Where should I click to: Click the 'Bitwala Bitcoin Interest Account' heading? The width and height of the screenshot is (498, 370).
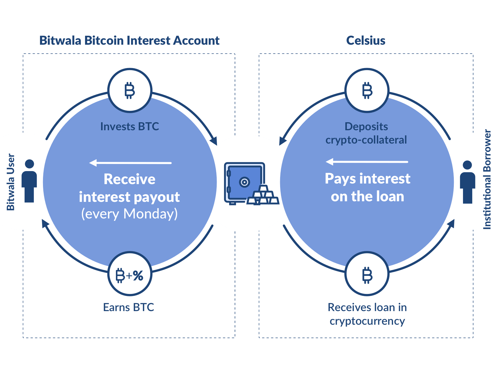129,41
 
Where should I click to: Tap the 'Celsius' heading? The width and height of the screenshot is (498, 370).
366,41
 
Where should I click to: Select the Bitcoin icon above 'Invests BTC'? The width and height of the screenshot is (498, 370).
130,90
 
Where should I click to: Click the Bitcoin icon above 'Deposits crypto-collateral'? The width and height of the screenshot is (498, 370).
367,90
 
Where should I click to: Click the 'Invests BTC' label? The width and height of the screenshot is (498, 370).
130,127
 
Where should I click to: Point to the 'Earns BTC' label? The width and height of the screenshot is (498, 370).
129,307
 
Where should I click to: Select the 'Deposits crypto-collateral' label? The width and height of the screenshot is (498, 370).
366,133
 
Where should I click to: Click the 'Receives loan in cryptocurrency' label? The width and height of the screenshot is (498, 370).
367,314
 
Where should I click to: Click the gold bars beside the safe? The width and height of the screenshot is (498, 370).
263,196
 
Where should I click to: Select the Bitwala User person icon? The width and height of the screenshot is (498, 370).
29,181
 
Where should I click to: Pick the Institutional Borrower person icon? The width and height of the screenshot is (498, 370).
467,182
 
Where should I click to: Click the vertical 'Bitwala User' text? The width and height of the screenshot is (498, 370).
11,182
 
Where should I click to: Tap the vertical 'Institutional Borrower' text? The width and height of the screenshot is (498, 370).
487,179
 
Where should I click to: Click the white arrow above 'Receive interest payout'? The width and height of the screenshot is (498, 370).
130,163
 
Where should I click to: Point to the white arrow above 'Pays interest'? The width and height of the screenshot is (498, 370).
367,162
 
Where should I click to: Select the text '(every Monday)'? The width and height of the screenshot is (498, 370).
130,214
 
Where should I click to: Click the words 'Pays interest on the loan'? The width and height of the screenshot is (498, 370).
368,187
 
